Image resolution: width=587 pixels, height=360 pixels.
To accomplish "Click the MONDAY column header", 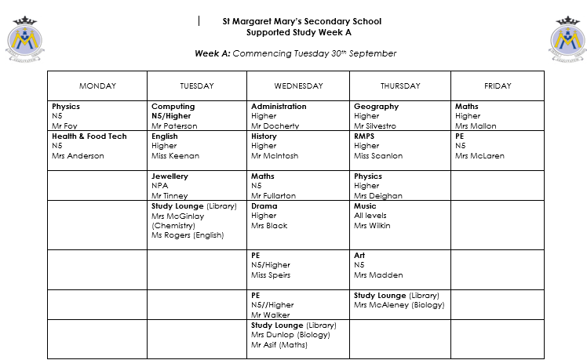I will point(97,85).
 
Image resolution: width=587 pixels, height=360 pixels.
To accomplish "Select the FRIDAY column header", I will point(497,85).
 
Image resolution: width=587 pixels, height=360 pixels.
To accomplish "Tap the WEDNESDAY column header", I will point(298,85).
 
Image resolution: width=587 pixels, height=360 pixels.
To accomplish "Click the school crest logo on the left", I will point(27,43).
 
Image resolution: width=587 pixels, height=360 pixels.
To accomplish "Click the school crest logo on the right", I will point(566,43).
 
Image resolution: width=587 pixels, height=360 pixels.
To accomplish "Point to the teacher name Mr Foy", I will point(65,125).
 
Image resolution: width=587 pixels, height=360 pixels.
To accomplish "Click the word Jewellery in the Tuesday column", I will point(170,176).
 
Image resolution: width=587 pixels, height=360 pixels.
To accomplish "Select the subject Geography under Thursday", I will point(376,107).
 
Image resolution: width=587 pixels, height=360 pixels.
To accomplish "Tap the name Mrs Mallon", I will point(476,125).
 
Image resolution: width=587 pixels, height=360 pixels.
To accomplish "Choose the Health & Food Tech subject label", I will point(89,136).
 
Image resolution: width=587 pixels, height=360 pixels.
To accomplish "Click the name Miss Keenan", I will point(175,155).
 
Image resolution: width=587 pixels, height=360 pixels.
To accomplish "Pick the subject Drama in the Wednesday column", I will point(264,206).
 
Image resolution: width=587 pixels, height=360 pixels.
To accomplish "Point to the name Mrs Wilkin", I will point(371,226).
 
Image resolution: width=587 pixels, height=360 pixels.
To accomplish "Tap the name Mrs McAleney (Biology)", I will point(399,305).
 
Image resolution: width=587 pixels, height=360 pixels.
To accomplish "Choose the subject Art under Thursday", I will point(359,256).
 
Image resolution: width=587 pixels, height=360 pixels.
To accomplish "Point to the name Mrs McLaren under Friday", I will point(479,155).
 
